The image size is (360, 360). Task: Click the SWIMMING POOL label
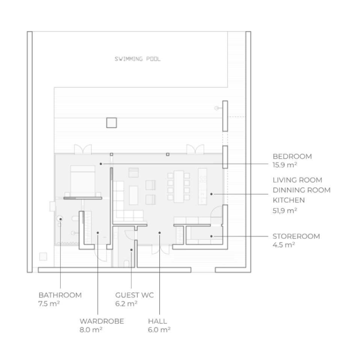coord(138,59)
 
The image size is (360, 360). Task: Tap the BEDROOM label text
coord(292,156)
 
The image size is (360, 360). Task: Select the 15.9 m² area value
coord(285,165)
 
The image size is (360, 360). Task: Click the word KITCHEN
coord(288,200)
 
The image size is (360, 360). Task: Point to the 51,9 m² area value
coord(285,211)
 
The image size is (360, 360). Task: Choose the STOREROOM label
coord(296,236)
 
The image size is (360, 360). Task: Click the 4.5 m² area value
coord(283,245)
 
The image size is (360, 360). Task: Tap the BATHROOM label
coord(60,295)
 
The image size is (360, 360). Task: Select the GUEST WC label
coord(134,295)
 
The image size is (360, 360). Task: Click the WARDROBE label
coord(102,321)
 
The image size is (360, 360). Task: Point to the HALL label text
coord(157,321)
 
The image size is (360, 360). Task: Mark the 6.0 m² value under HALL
coord(159,330)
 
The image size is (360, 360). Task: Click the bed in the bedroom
coord(83,181)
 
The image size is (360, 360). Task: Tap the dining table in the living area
coord(179,186)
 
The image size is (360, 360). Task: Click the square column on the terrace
coord(112,122)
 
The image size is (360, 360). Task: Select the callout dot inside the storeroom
coord(211,236)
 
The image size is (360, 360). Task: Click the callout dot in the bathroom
coord(61,219)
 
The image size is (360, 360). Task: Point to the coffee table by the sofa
coord(134,195)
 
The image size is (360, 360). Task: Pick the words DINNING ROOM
coord(301,190)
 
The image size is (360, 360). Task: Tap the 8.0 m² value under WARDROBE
coord(91,330)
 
